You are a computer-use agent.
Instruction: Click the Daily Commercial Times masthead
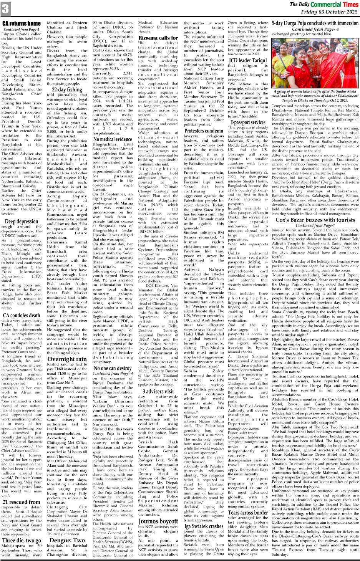pyautogui.click(x=324, y=4)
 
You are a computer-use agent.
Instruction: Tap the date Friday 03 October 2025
pyautogui.click(x=329, y=12)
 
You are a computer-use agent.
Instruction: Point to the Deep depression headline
pyautogui.click(x=21, y=221)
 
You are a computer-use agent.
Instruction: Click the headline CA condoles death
pyautogui.click(x=21, y=315)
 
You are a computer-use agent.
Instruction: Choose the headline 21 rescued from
pyautogui.click(x=21, y=502)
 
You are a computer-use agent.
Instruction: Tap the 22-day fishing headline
pyautogui.click(x=66, y=89)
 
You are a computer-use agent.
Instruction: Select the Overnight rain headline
pyautogui.click(x=67, y=359)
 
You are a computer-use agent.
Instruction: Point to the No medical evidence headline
pyautogui.click(x=113, y=139)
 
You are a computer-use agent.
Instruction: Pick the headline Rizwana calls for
pyautogui.click(x=158, y=38)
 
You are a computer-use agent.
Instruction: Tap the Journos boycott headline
pyautogui.click(x=158, y=521)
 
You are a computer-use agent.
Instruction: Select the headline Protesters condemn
pyautogui.click(x=204, y=131)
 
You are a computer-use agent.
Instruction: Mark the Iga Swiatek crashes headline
pyautogui.click(x=204, y=526)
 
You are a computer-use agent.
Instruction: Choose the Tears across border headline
pyautogui.click(x=248, y=512)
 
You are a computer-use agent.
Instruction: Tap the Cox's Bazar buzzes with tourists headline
pyautogui.click(x=315, y=220)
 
